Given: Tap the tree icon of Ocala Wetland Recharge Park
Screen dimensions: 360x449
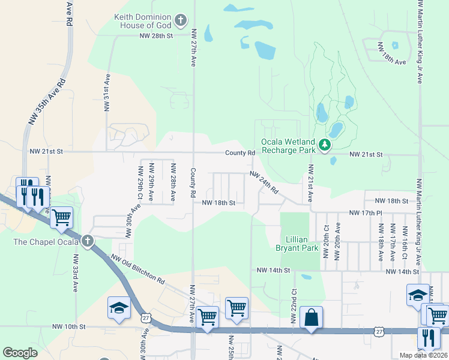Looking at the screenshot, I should coord(325,145).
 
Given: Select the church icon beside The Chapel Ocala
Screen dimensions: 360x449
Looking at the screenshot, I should coord(88,242).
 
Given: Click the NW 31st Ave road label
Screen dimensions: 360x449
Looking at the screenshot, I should coord(107,93).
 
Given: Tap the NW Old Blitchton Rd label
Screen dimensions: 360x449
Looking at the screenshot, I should coord(138,269).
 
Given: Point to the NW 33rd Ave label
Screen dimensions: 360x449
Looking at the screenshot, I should coord(76,273).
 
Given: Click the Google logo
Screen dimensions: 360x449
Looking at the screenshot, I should coord(20,353).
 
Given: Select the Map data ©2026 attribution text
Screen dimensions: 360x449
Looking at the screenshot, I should coord(423,355).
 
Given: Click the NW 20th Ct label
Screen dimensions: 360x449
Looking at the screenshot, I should coord(326,241).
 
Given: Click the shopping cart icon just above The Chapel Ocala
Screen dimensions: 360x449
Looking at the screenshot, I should coord(62,217).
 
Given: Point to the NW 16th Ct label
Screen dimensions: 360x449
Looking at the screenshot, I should coord(405,242).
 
